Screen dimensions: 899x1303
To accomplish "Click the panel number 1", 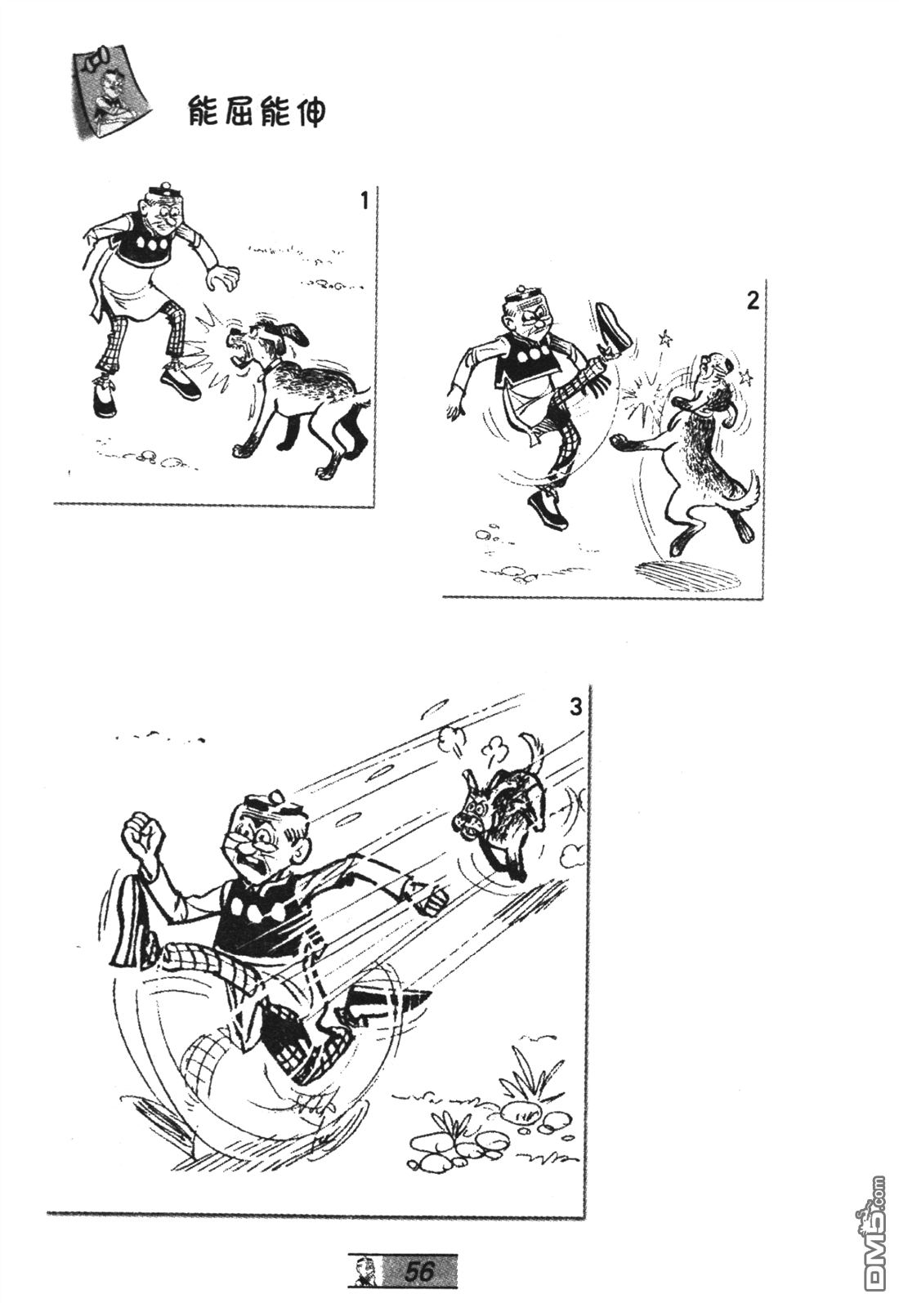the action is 365,202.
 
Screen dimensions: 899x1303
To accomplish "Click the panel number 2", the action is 753,302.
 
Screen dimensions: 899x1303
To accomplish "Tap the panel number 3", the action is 575,708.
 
